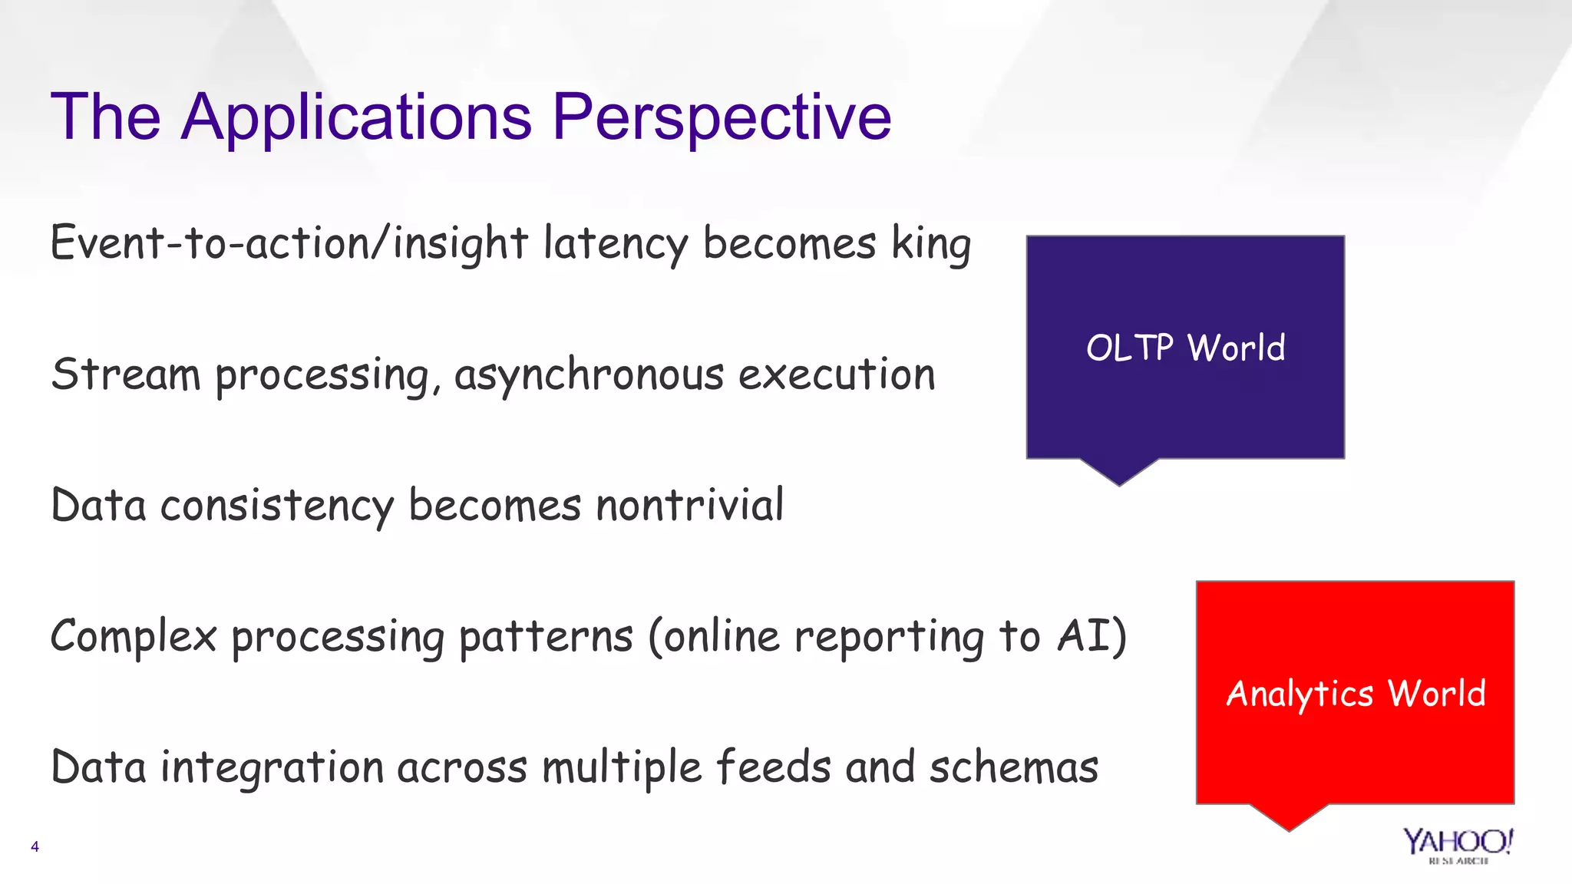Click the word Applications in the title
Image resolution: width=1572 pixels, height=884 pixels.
(x=356, y=117)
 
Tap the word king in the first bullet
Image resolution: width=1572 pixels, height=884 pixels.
(x=930, y=244)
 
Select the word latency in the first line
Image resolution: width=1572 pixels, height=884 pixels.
(x=616, y=244)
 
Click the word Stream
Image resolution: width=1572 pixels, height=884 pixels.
(x=126, y=374)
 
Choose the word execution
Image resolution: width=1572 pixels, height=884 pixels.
(x=837, y=374)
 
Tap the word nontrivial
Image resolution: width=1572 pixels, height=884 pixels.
(x=689, y=505)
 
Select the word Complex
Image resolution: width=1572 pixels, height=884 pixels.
(x=134, y=637)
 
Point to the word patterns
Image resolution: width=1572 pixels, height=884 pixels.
(x=546, y=637)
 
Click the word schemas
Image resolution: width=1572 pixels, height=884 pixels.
(x=1013, y=767)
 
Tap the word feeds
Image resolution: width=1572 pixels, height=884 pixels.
(x=773, y=767)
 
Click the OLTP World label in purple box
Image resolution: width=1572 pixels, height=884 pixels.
(x=1185, y=348)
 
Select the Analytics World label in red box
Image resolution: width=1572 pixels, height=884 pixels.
(x=1356, y=694)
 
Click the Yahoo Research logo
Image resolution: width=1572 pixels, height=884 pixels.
(x=1458, y=845)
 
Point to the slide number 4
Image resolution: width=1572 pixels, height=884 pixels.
(x=35, y=847)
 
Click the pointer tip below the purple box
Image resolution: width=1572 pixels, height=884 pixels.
(x=1119, y=482)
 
